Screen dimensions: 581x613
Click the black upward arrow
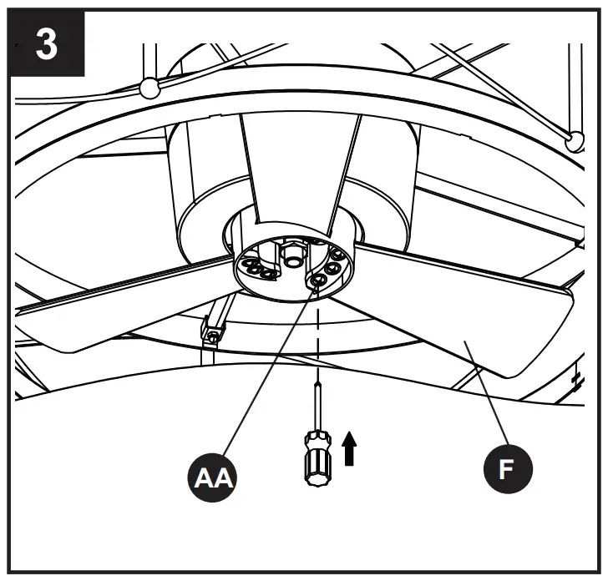350,448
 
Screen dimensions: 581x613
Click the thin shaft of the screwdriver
317,405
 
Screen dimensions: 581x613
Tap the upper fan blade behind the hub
296,167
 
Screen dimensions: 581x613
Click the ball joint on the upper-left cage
148,86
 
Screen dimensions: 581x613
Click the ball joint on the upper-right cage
575,140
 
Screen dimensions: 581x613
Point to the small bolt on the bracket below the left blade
213,335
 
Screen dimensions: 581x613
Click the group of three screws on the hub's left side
258,268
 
